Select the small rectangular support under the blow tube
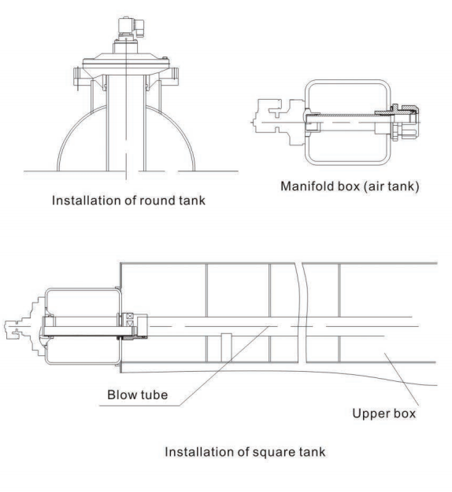tap(224, 344)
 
